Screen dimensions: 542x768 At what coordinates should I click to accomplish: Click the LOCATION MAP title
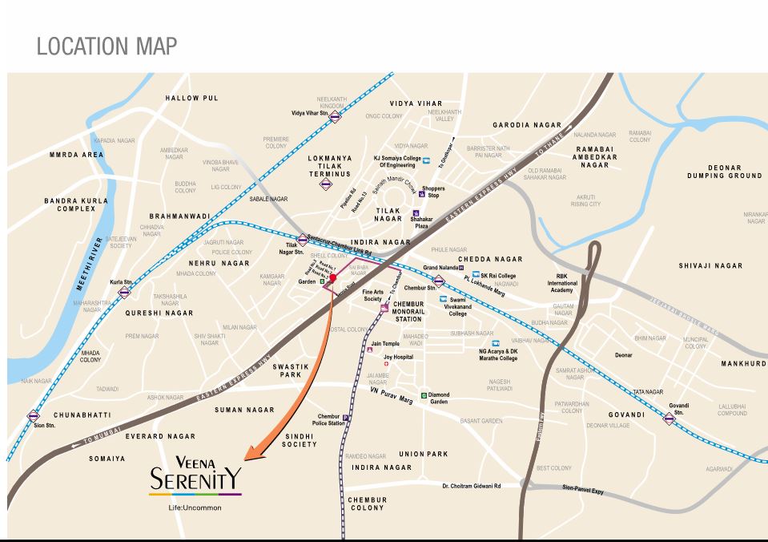coord(107,47)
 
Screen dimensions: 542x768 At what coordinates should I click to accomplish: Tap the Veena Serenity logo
coord(195,478)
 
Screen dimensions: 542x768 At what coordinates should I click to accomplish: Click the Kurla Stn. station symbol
coord(124,293)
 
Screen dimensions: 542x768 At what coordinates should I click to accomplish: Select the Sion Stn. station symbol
coord(33,415)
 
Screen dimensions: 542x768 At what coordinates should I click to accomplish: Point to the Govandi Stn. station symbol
coord(669,419)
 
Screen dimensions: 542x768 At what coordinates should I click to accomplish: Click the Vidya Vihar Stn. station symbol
coord(335,115)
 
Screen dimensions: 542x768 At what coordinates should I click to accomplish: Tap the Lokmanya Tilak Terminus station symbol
coord(326,184)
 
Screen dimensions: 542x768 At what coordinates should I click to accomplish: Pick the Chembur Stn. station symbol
coord(439,281)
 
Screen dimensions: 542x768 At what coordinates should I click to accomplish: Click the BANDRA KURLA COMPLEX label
coord(70,204)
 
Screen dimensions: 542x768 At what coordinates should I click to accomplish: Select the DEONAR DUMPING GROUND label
coord(724,172)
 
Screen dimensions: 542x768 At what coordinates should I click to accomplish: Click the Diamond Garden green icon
coord(424,395)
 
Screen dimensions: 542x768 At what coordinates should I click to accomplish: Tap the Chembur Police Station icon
coord(345,418)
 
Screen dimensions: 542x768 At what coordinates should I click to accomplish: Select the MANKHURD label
coord(743,363)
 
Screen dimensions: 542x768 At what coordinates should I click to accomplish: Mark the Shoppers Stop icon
coord(421,193)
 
